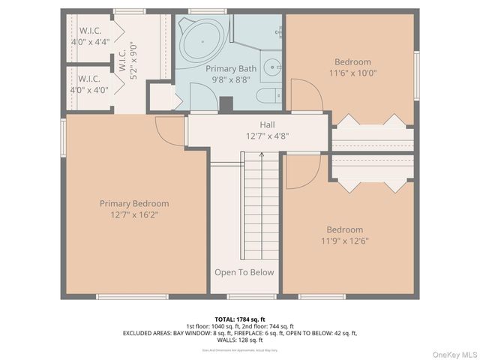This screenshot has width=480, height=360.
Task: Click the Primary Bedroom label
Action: (134, 203)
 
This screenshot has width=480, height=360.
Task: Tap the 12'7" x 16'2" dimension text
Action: (134, 214)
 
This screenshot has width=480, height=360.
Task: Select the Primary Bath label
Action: (231, 68)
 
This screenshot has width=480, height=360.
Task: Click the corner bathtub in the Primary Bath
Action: (201, 38)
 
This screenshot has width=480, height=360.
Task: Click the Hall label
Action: (268, 125)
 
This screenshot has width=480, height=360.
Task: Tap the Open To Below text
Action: (244, 272)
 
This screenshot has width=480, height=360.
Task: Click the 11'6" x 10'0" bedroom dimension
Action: (352, 73)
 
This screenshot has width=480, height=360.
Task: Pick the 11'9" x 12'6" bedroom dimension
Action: (344, 241)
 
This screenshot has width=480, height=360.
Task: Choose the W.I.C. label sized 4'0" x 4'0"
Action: (90, 84)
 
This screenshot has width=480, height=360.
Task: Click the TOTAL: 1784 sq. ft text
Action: (239, 319)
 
